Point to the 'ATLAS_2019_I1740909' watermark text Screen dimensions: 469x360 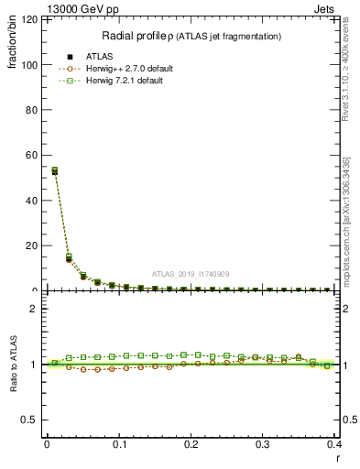click(191, 273)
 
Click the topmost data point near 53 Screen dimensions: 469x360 click(54, 170)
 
